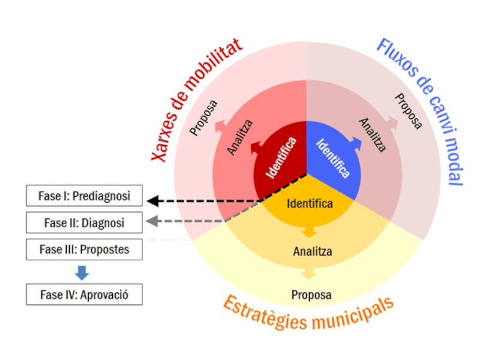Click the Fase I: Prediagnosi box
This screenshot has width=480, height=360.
coord(84,196)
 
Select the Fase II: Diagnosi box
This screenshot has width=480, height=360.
coord(84,223)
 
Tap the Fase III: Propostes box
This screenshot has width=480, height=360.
coord(84,249)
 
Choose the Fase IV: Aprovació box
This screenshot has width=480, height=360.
coord(84,295)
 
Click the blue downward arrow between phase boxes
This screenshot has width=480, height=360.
coord(82,272)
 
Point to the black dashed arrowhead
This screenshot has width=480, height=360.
coord(154,201)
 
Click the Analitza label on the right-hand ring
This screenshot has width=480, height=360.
coord(373,135)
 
